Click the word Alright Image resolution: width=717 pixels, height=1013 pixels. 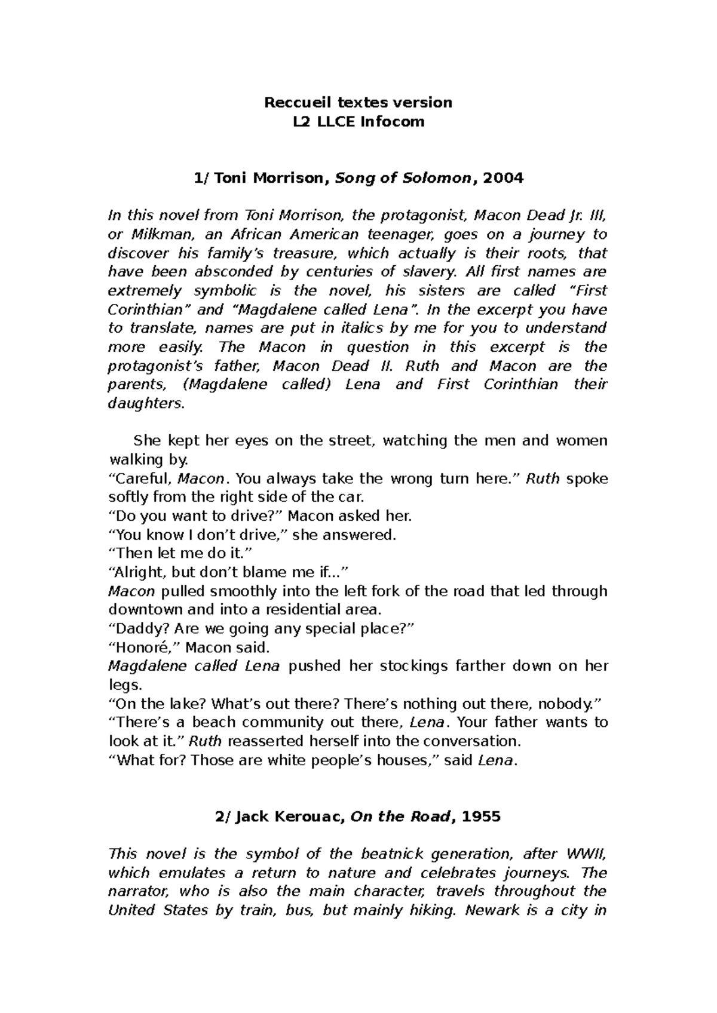(138, 572)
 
